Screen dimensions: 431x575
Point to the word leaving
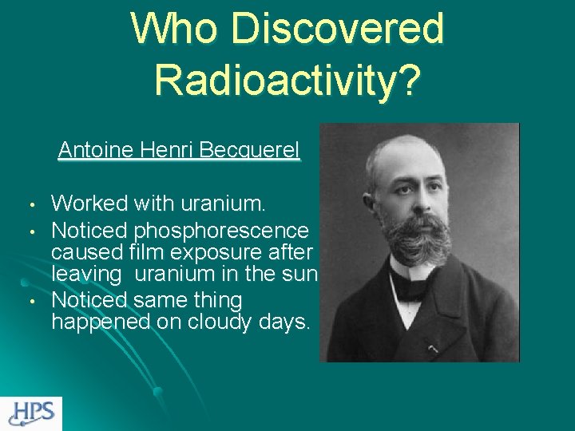(x=86, y=274)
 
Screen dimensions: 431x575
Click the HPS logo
(x=31, y=413)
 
